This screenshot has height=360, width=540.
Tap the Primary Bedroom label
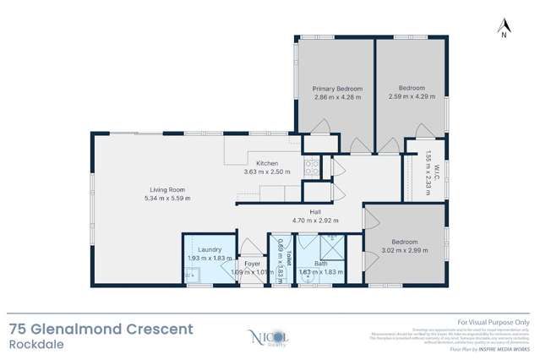pyautogui.click(x=337, y=89)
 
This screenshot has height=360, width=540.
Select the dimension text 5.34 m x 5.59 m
pyautogui.click(x=167, y=199)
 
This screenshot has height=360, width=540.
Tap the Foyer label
pyautogui.click(x=252, y=264)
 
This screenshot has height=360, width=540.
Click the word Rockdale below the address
pyautogui.click(x=31, y=344)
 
